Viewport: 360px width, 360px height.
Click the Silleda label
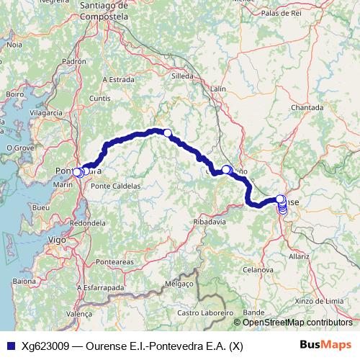pyautogui.click(x=181, y=75)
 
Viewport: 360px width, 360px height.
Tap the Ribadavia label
pyautogui.click(x=210, y=222)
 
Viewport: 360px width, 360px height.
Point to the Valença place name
pyautogui.click(x=80, y=314)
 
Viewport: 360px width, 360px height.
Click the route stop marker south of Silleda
pyautogui.click(x=167, y=132)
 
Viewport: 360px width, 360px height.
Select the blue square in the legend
pyautogui.click(x=10, y=346)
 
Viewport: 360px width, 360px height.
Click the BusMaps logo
pyautogui.click(x=325, y=346)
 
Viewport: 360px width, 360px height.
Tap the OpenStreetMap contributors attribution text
pyautogui.click(x=297, y=323)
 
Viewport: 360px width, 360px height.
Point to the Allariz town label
pyautogui.click(x=299, y=256)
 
